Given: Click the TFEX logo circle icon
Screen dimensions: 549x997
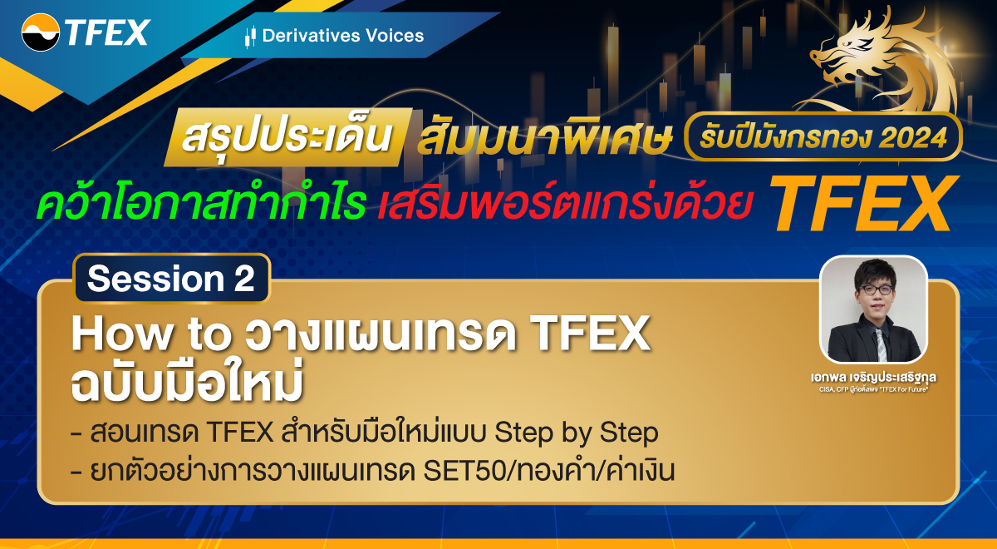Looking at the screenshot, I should click(40, 32).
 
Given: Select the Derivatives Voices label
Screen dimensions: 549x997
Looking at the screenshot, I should click(342, 36).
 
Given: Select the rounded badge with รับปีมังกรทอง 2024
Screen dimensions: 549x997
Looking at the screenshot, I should click(823, 137).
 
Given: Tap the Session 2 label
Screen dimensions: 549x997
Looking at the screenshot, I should click(171, 279).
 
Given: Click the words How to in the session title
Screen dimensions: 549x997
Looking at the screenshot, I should click(150, 335).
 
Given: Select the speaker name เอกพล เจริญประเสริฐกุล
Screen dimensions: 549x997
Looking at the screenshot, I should click(873, 376).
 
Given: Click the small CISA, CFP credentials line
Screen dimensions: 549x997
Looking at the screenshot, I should click(873, 388).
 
